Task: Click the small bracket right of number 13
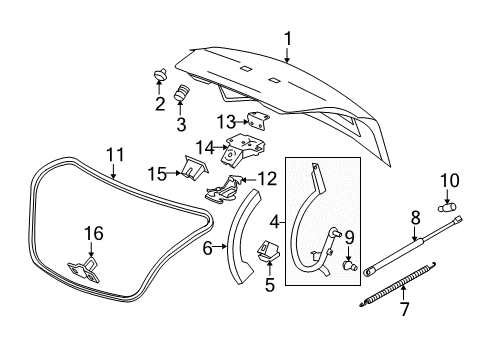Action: point(261,121)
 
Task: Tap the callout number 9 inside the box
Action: point(350,237)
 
